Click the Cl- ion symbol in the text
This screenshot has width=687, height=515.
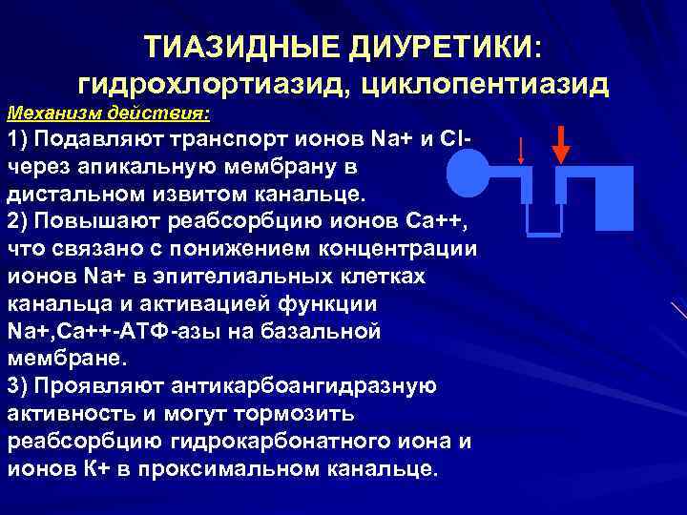pos(450,140)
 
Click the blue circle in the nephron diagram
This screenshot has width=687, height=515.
pos(469,177)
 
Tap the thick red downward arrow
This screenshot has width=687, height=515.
pos(561,144)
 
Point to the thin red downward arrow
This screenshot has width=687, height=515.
pos(520,153)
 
